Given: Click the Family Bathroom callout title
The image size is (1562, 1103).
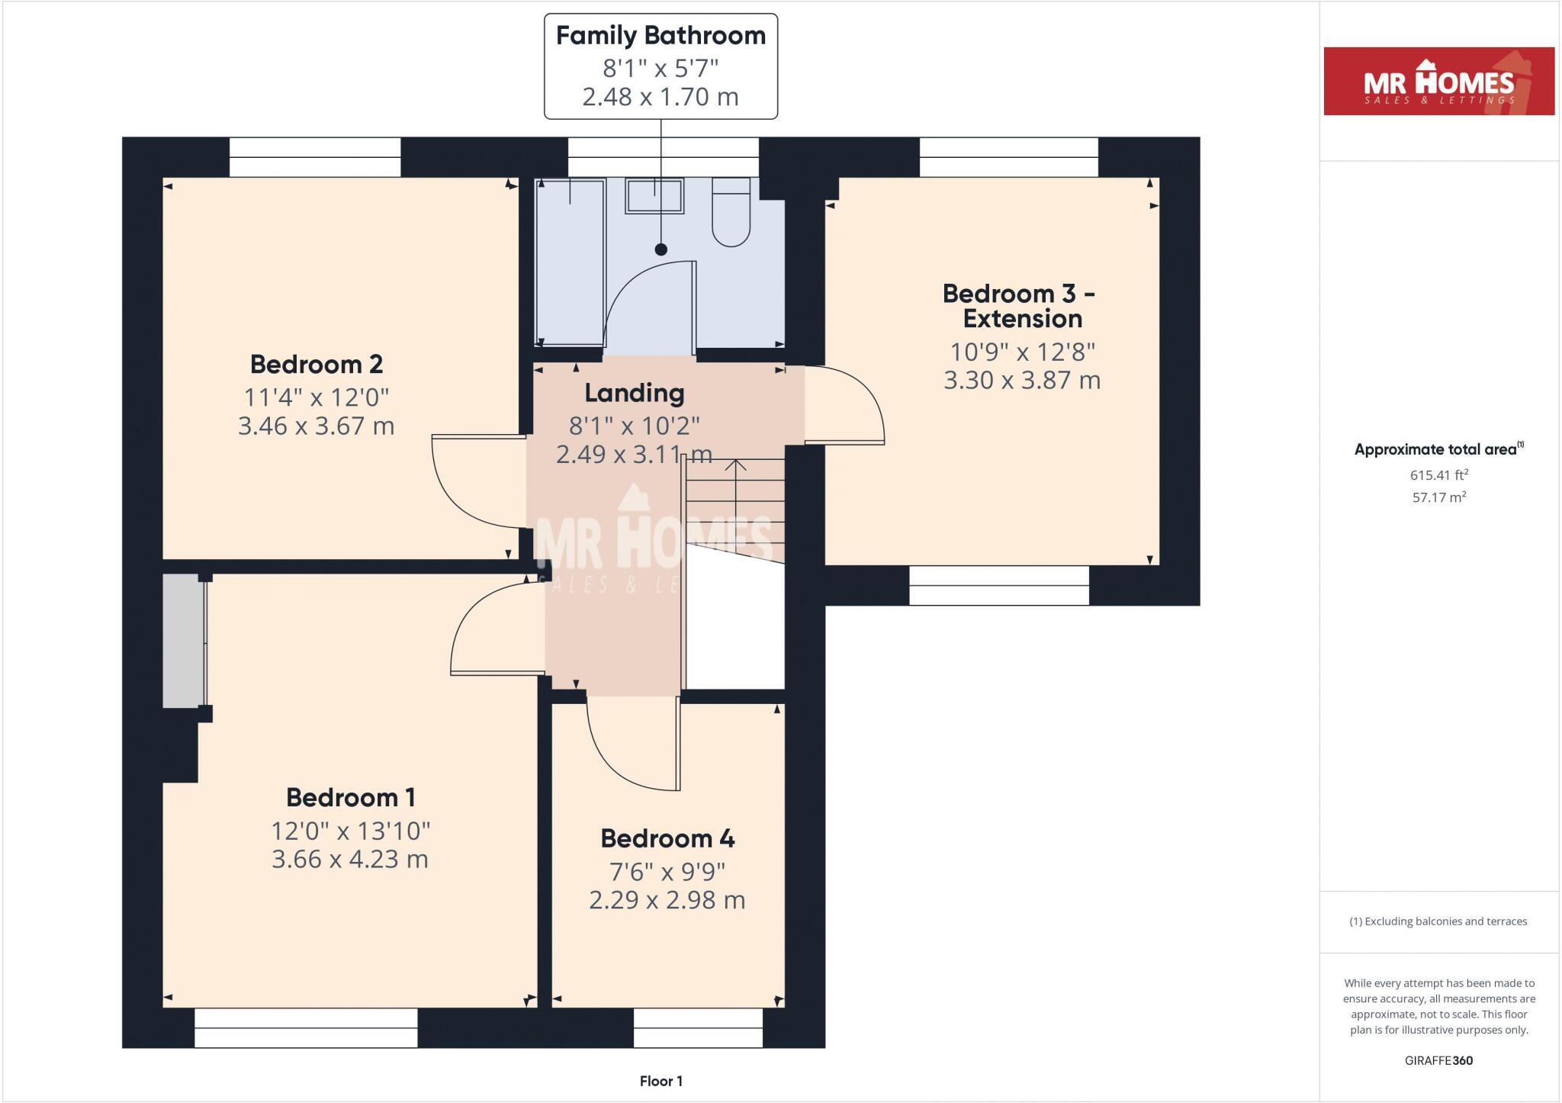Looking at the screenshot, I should pyautogui.click(x=660, y=36).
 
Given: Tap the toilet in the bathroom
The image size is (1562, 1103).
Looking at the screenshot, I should pyautogui.click(x=731, y=213).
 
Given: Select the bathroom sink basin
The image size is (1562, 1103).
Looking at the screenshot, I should pyautogui.click(x=654, y=196).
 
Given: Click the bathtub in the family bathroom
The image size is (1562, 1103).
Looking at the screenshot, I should pyautogui.click(x=570, y=263).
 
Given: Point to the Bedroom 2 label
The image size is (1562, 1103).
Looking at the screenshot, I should pyautogui.click(x=317, y=365).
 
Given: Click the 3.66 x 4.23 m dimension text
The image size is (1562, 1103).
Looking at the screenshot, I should pyautogui.click(x=350, y=860).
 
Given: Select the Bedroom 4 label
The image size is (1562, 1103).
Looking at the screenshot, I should pyautogui.click(x=667, y=838).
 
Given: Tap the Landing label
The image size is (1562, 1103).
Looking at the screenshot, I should pyautogui.click(x=635, y=394).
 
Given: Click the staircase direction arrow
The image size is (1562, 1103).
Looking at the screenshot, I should pyautogui.click(x=735, y=488).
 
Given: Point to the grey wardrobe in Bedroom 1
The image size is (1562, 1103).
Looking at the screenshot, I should pyautogui.click(x=183, y=641).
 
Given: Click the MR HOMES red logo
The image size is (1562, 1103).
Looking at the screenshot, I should pyautogui.click(x=1438, y=81).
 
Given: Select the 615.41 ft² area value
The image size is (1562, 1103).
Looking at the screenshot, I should pyautogui.click(x=1438, y=474).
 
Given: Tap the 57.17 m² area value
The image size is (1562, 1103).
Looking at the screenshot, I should pyautogui.click(x=1438, y=497).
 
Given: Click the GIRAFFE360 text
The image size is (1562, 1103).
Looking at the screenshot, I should pyautogui.click(x=1438, y=1060).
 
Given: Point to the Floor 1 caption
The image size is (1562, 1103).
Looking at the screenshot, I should pyautogui.click(x=660, y=1081).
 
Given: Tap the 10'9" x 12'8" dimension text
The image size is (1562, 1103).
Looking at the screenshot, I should pyautogui.click(x=1022, y=352).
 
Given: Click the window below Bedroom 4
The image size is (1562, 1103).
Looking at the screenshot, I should pyautogui.click(x=698, y=1027).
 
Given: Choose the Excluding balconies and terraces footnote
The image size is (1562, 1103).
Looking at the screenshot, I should pyautogui.click(x=1438, y=921).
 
